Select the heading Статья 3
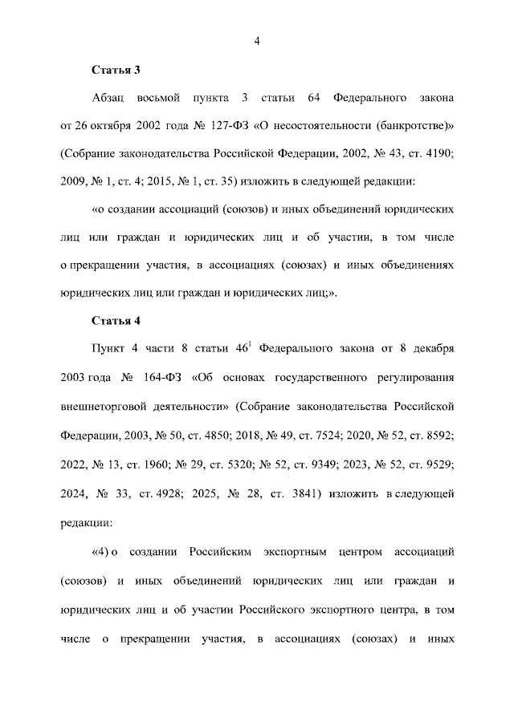click(x=116, y=70)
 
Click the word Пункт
click(x=112, y=350)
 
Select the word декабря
click(x=434, y=350)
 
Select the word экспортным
click(x=301, y=552)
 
